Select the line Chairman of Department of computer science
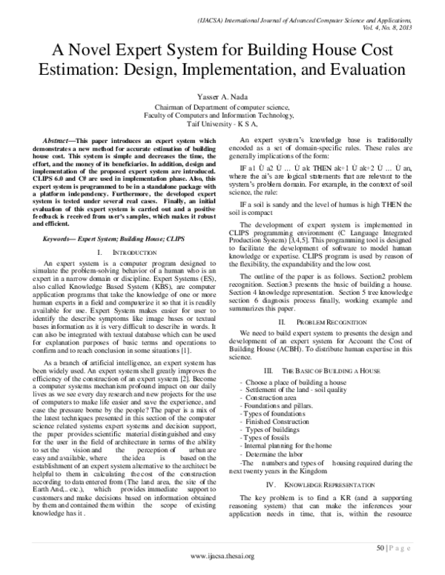223,108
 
